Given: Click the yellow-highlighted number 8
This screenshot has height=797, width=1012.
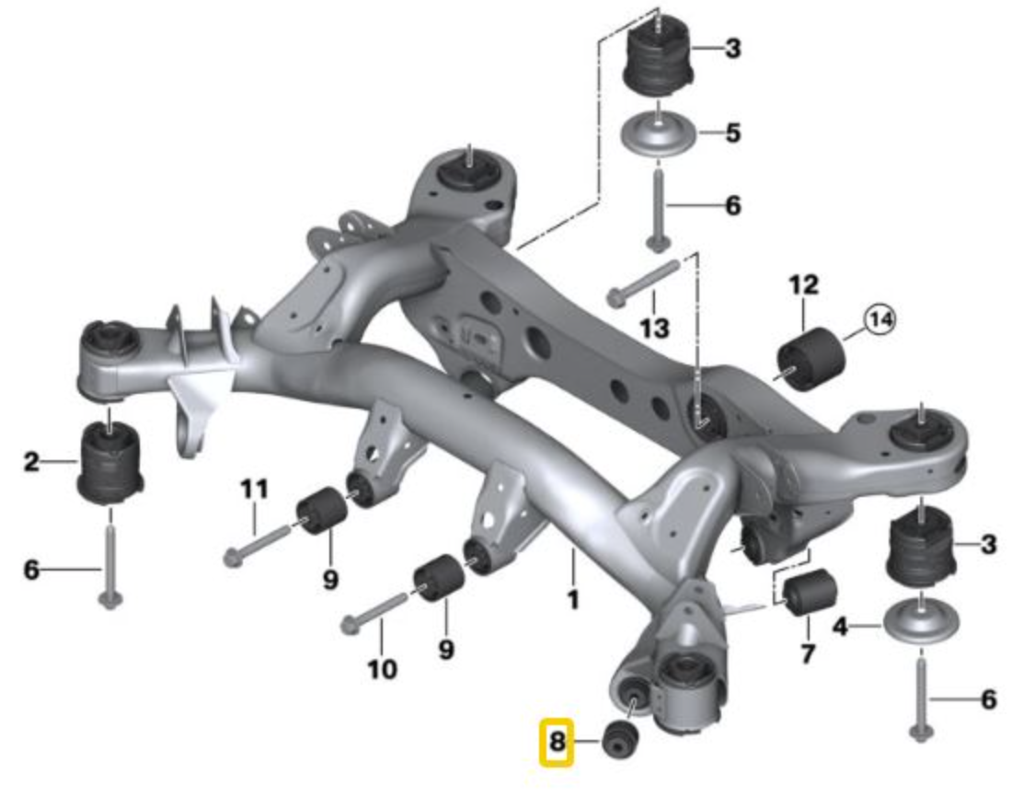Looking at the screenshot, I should (557, 742).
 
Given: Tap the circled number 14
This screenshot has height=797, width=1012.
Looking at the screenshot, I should (878, 320).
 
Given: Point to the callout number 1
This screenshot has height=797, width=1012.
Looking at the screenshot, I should (572, 601).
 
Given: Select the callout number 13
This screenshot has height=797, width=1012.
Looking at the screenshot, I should (655, 327).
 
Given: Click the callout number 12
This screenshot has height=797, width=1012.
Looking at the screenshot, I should (802, 285).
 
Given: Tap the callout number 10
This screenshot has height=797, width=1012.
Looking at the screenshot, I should (382, 667).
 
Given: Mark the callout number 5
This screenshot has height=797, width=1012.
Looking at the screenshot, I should (732, 133).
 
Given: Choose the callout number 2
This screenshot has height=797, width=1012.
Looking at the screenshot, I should (31, 461).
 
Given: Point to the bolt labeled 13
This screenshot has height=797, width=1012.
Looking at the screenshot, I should (643, 282).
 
